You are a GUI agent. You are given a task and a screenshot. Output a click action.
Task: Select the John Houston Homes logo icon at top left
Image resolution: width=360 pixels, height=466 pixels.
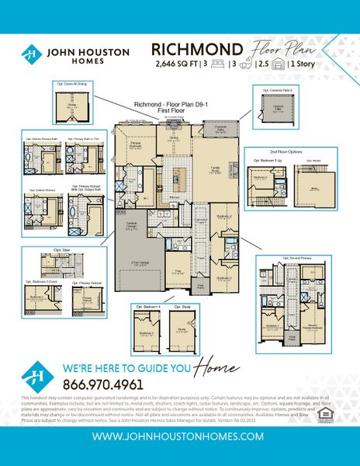click(31, 55)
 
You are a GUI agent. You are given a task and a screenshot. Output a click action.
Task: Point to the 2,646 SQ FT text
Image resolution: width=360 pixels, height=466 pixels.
click(177, 65)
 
